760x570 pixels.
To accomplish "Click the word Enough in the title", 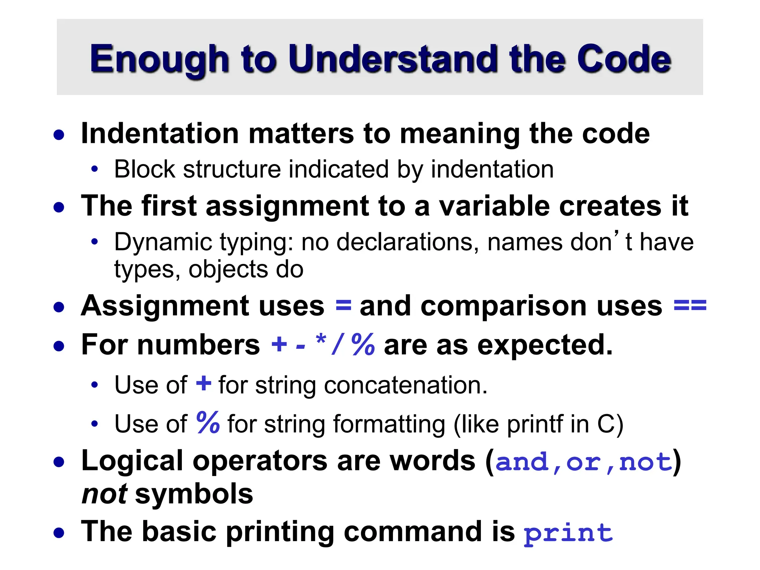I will pyautogui.click(x=159, y=59).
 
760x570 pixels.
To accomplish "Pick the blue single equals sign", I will pyautogui.click(x=343, y=306).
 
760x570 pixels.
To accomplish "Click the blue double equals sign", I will pyautogui.click(x=690, y=306).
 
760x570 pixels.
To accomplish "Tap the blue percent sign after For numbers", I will pyautogui.click(x=363, y=344).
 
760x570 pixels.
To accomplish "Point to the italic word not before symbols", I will pyautogui.click(x=104, y=494).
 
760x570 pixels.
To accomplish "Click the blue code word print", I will pyautogui.click(x=568, y=534).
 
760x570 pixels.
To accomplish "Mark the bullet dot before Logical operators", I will pyautogui.click(x=59, y=462).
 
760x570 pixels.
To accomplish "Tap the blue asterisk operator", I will pyautogui.click(x=321, y=340).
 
